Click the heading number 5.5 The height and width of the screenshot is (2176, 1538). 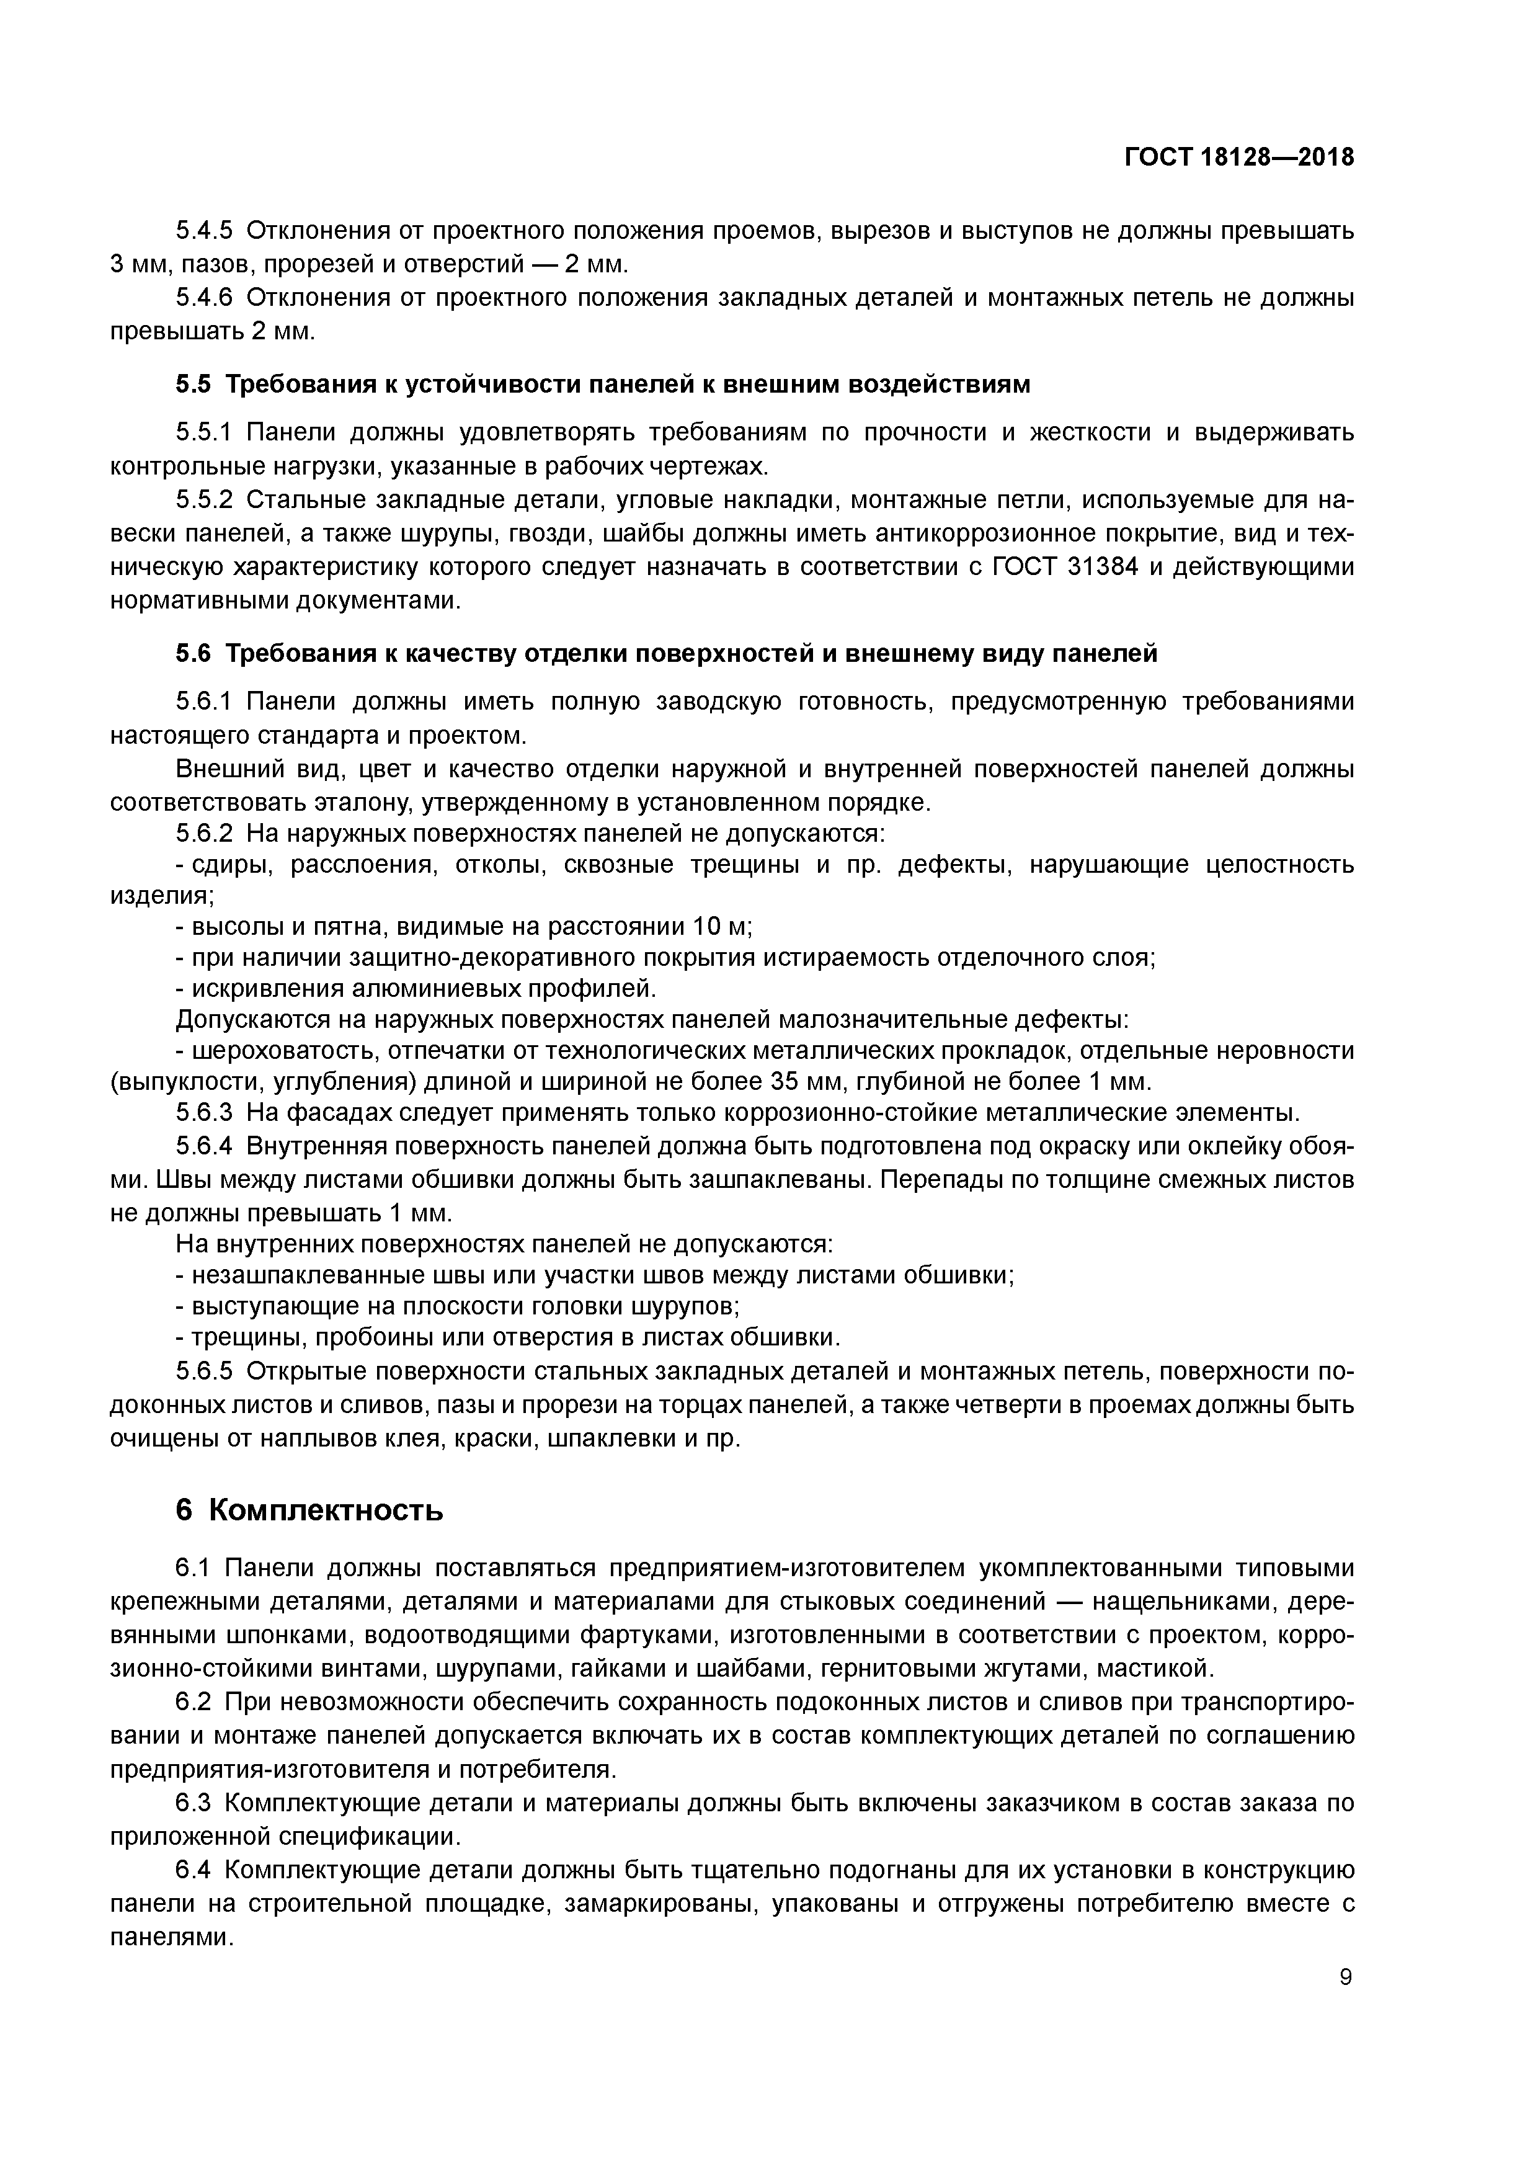tap(194, 385)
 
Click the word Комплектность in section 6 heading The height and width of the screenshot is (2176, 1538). tap(325, 1510)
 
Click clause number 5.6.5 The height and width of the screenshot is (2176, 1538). tap(204, 1372)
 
